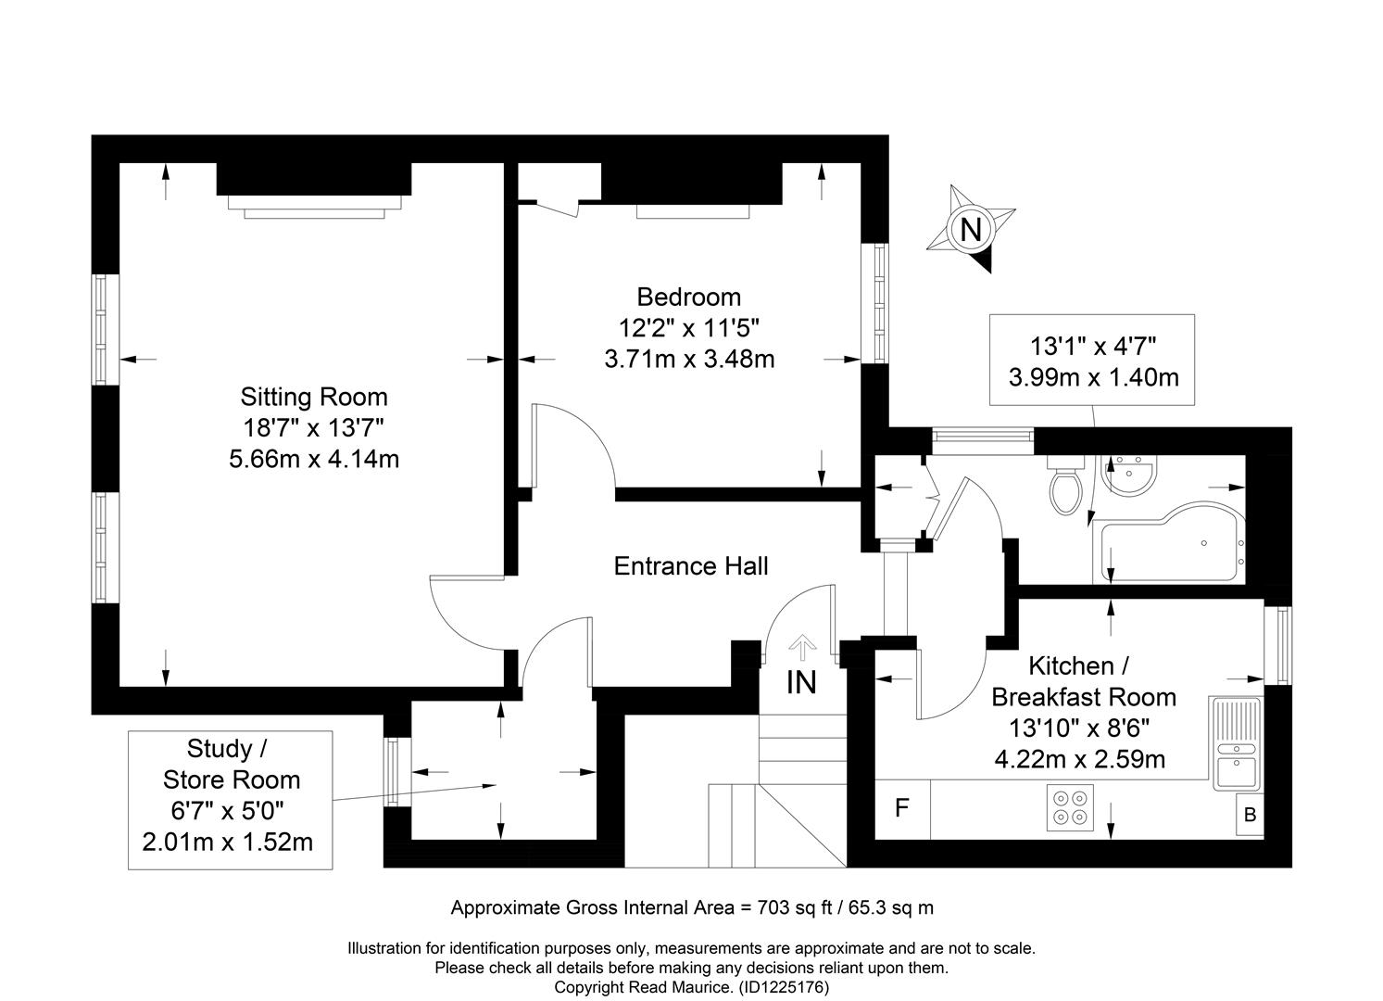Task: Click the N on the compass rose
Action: [x=971, y=231]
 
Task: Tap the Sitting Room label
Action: [x=314, y=397]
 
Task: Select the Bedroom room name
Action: [x=689, y=298]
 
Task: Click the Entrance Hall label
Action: [x=691, y=566]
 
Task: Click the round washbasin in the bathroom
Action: [x=1129, y=475]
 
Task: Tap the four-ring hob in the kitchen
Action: [x=1070, y=807]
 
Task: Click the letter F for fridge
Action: [x=902, y=807]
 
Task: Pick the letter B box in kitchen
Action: [x=1250, y=815]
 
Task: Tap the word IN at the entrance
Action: [x=801, y=683]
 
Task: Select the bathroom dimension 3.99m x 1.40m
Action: [x=1093, y=377]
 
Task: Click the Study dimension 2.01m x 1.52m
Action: [x=227, y=842]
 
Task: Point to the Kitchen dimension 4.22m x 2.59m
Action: [x=1080, y=759]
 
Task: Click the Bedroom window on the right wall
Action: [x=874, y=303]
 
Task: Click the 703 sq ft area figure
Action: [x=795, y=907]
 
